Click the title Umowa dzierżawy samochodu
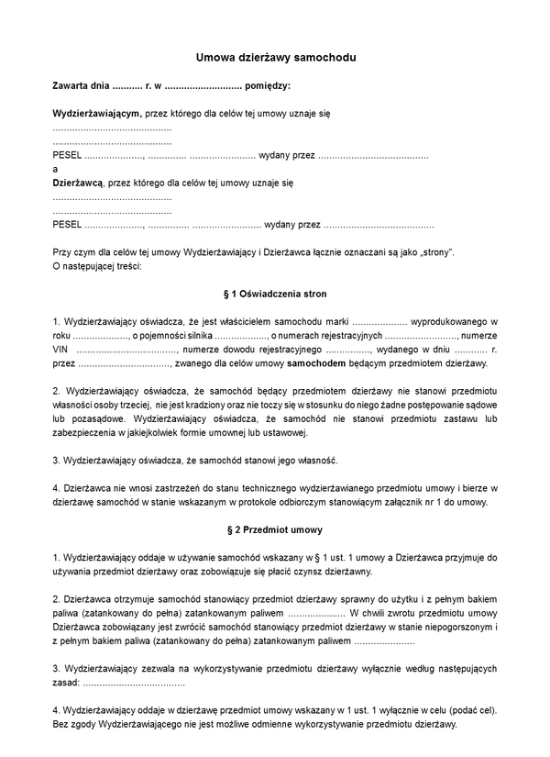[x=275, y=58]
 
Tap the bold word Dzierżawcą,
[x=78, y=183]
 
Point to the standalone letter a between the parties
[x=55, y=169]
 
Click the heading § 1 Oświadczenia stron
[x=275, y=295]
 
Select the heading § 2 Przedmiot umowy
[x=275, y=530]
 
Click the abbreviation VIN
[x=60, y=350]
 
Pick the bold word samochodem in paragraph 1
[x=319, y=364]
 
